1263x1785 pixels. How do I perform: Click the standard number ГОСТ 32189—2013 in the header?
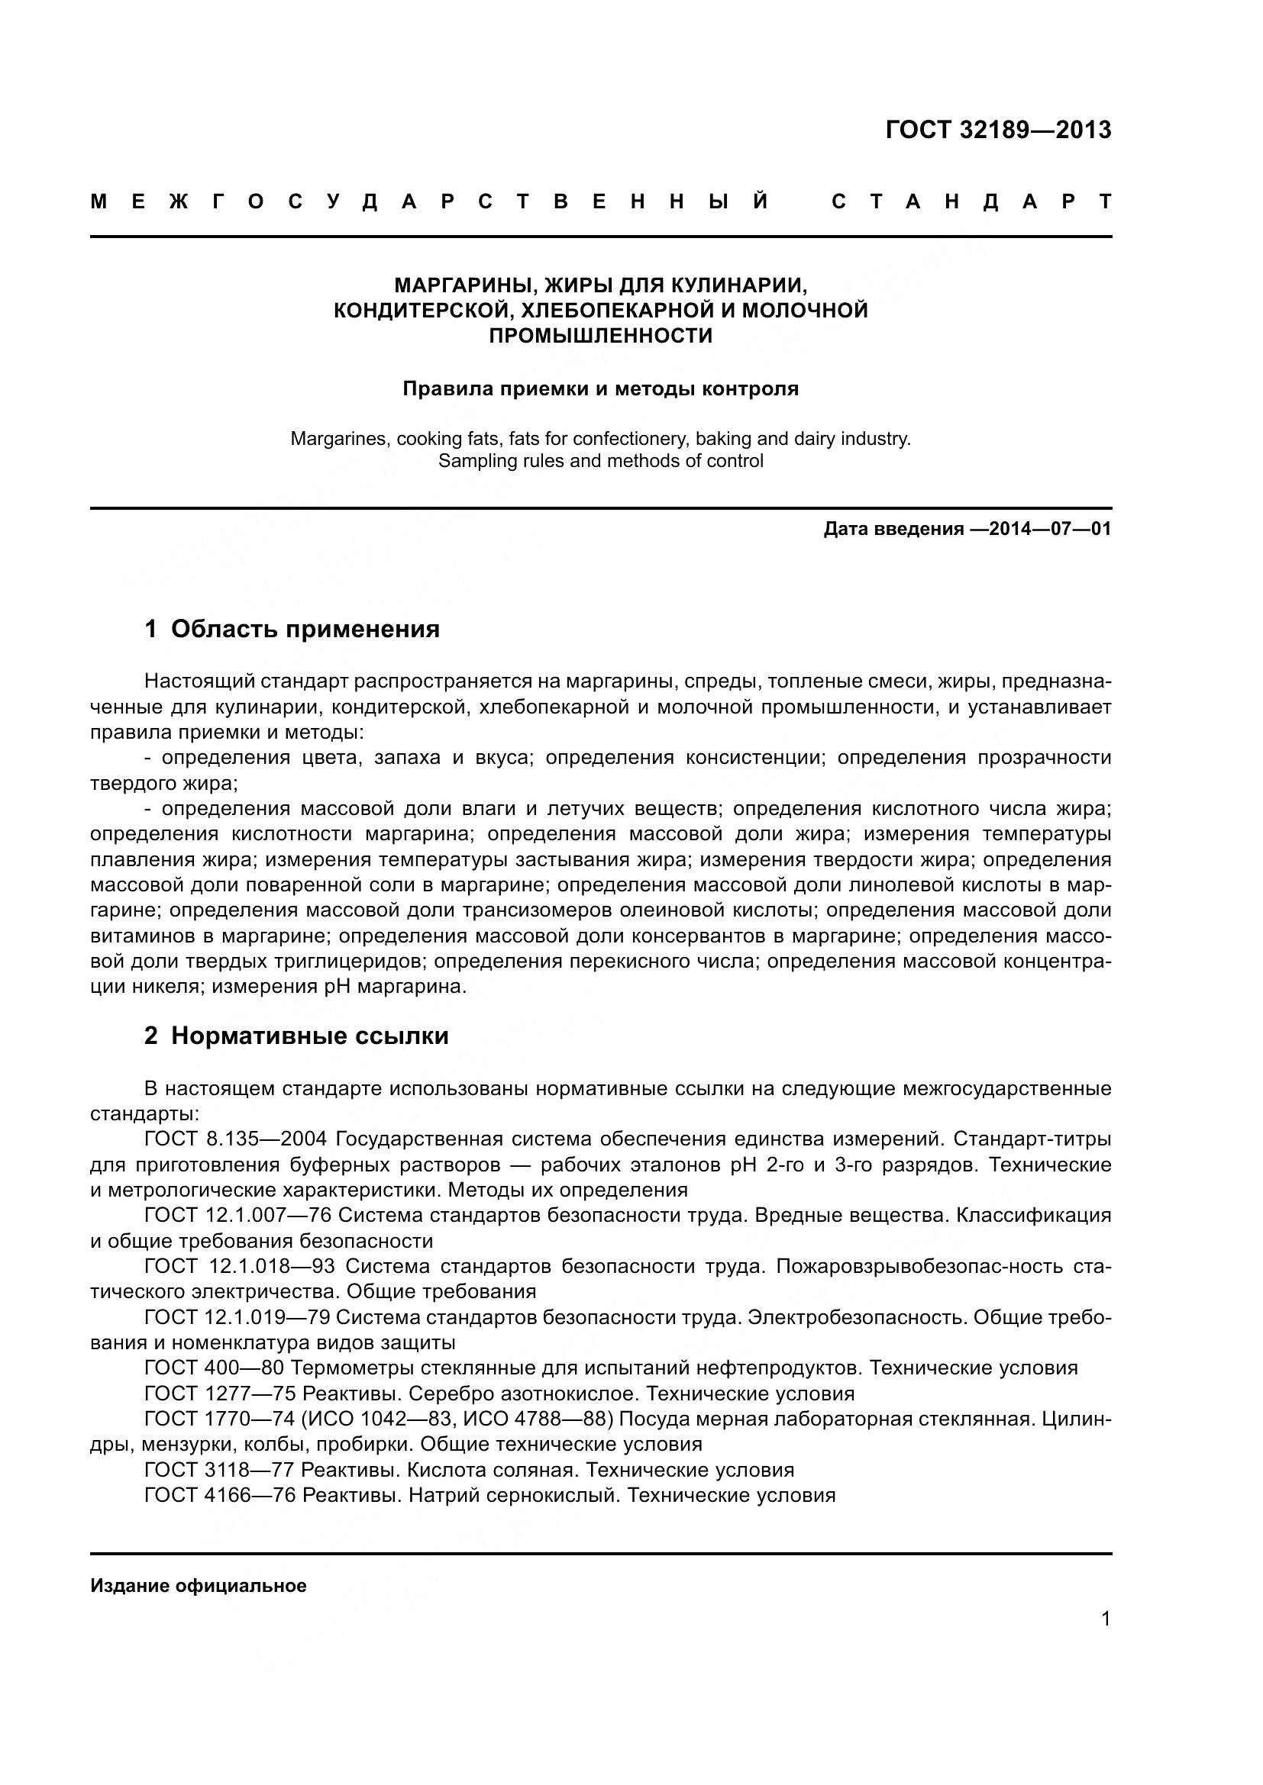[x=998, y=130]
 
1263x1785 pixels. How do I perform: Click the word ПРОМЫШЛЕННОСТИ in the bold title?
[x=600, y=336]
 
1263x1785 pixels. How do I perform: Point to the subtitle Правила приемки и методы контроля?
[x=600, y=388]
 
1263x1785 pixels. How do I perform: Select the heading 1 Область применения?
[x=292, y=629]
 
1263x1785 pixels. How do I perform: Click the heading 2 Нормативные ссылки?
[x=296, y=1036]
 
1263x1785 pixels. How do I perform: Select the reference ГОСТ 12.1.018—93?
[x=240, y=1267]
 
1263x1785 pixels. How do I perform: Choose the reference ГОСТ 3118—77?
[x=220, y=1470]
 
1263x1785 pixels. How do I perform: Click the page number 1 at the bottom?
[x=1106, y=1619]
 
